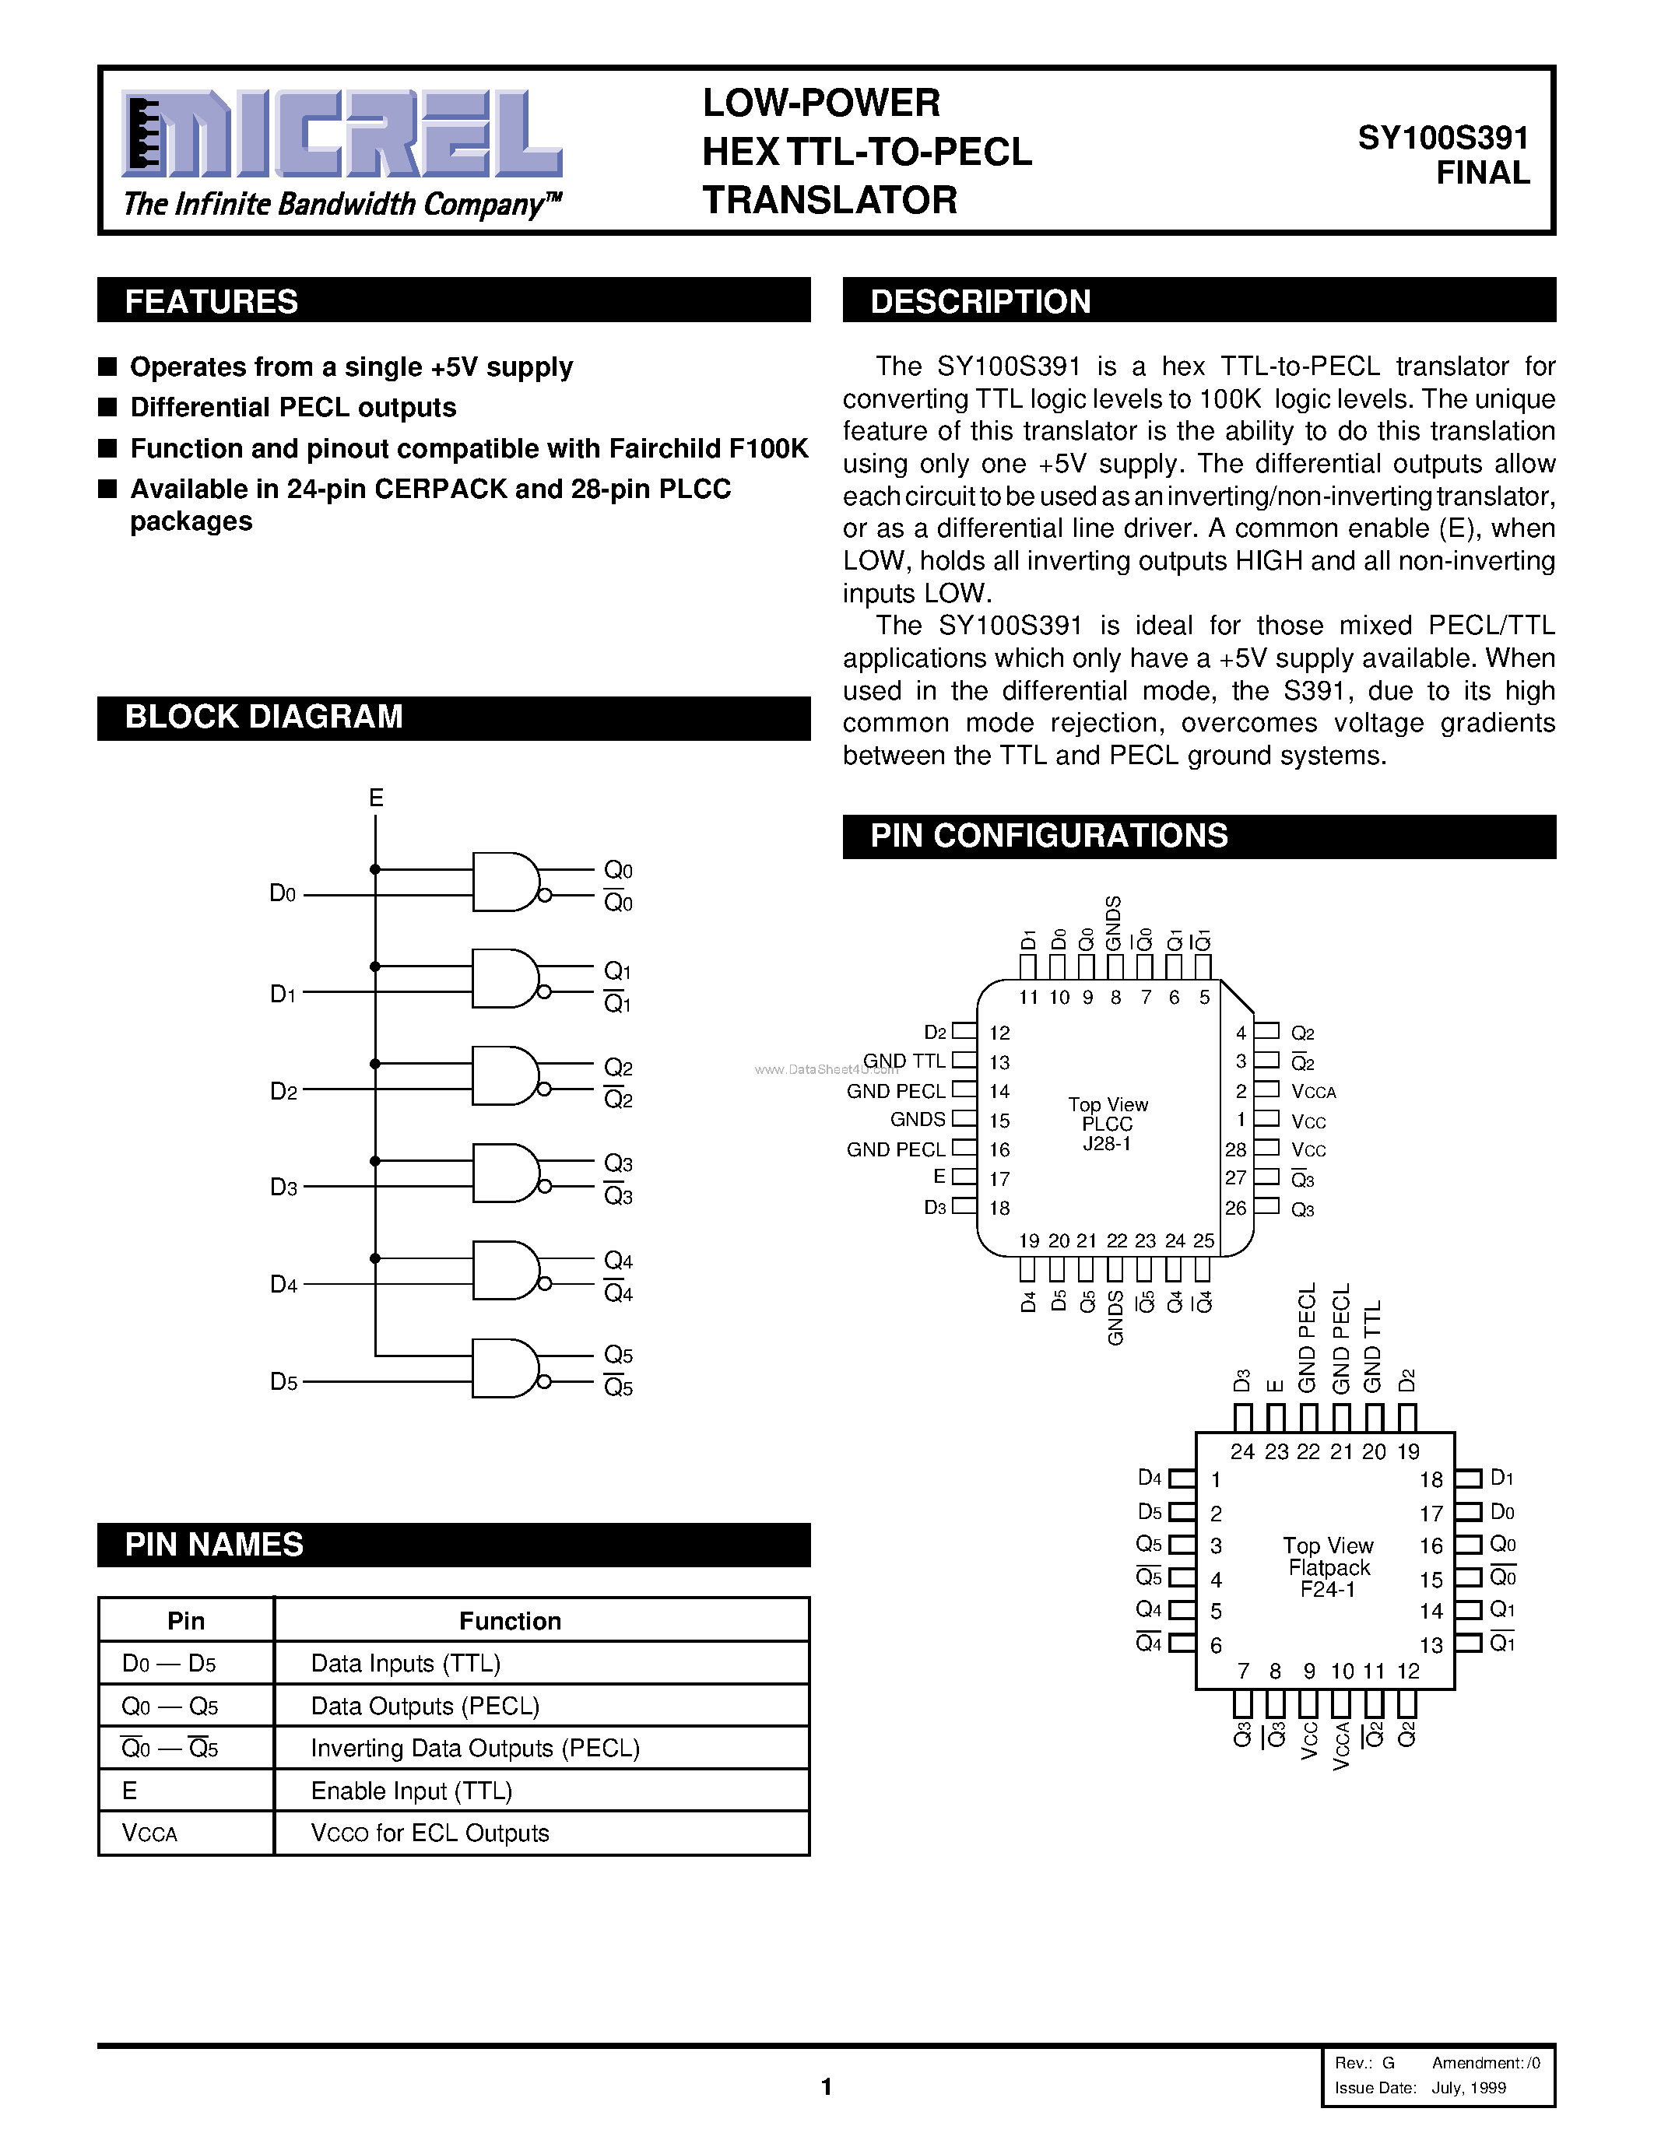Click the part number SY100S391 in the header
(1442, 139)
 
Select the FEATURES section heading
(212, 302)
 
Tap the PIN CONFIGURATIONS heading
(1048, 836)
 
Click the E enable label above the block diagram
(375, 798)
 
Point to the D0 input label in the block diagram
(283, 893)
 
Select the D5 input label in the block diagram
(283, 1381)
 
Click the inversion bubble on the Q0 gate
(545, 895)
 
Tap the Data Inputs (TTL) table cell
(406, 1664)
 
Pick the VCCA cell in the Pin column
(150, 1833)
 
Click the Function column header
(510, 1621)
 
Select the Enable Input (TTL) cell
(412, 1791)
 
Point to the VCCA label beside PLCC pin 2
(1313, 1092)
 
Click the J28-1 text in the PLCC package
(1108, 1143)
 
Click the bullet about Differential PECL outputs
(293, 408)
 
